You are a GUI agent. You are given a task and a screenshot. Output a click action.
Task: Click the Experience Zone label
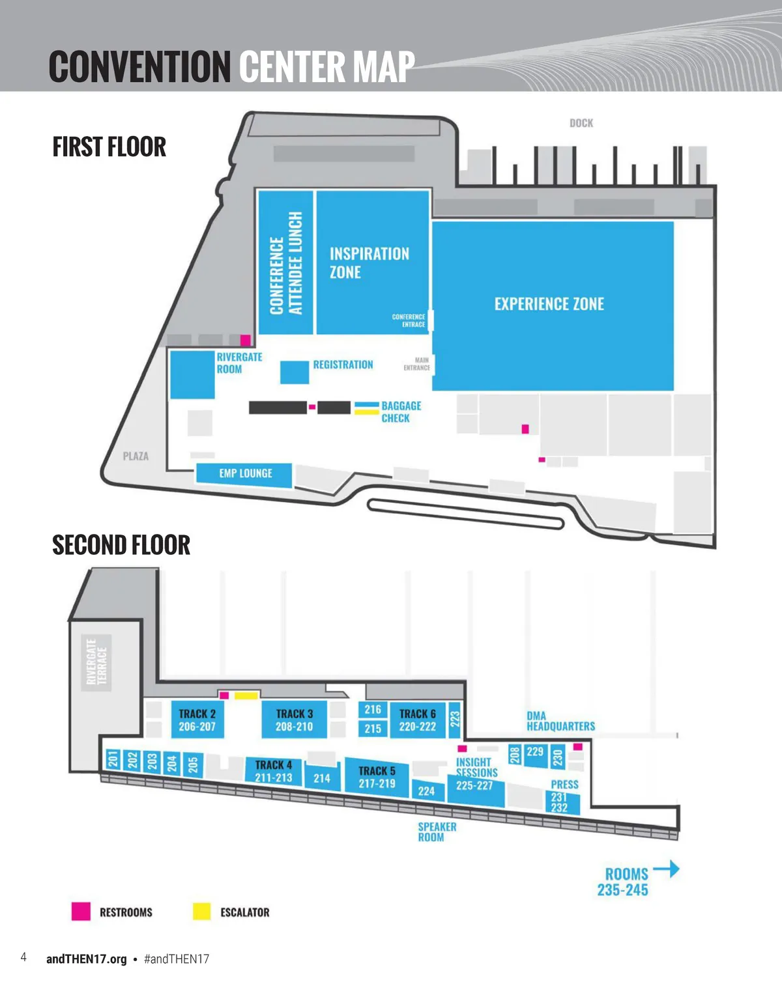click(x=549, y=304)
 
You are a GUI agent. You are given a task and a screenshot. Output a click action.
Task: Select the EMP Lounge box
click(x=244, y=473)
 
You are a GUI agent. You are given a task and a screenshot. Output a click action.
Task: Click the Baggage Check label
click(x=401, y=412)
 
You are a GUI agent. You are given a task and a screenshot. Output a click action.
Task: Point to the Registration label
click(x=343, y=365)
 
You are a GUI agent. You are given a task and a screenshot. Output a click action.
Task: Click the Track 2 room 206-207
click(x=197, y=720)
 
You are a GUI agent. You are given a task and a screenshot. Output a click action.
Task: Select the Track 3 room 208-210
click(x=294, y=720)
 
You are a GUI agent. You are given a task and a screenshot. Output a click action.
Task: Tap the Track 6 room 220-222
click(x=417, y=720)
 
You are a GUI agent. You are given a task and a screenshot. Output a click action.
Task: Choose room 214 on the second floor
click(x=322, y=777)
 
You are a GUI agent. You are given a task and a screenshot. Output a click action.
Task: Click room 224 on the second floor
click(x=426, y=790)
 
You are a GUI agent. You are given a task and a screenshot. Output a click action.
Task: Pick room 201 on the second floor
click(x=113, y=759)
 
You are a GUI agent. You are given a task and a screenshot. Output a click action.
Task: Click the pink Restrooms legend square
click(x=81, y=912)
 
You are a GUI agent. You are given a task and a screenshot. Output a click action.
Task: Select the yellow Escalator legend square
click(x=202, y=912)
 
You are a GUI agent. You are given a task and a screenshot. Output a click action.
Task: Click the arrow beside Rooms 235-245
click(x=666, y=869)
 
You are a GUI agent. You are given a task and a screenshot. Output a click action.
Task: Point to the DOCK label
click(x=581, y=123)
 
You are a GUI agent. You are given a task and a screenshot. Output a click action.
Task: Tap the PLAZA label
click(x=136, y=456)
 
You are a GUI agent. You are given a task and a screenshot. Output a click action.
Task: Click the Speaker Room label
click(x=437, y=832)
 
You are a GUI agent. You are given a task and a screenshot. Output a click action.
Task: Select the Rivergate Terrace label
click(x=96, y=662)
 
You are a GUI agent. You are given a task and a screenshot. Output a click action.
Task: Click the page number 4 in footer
click(x=23, y=957)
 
